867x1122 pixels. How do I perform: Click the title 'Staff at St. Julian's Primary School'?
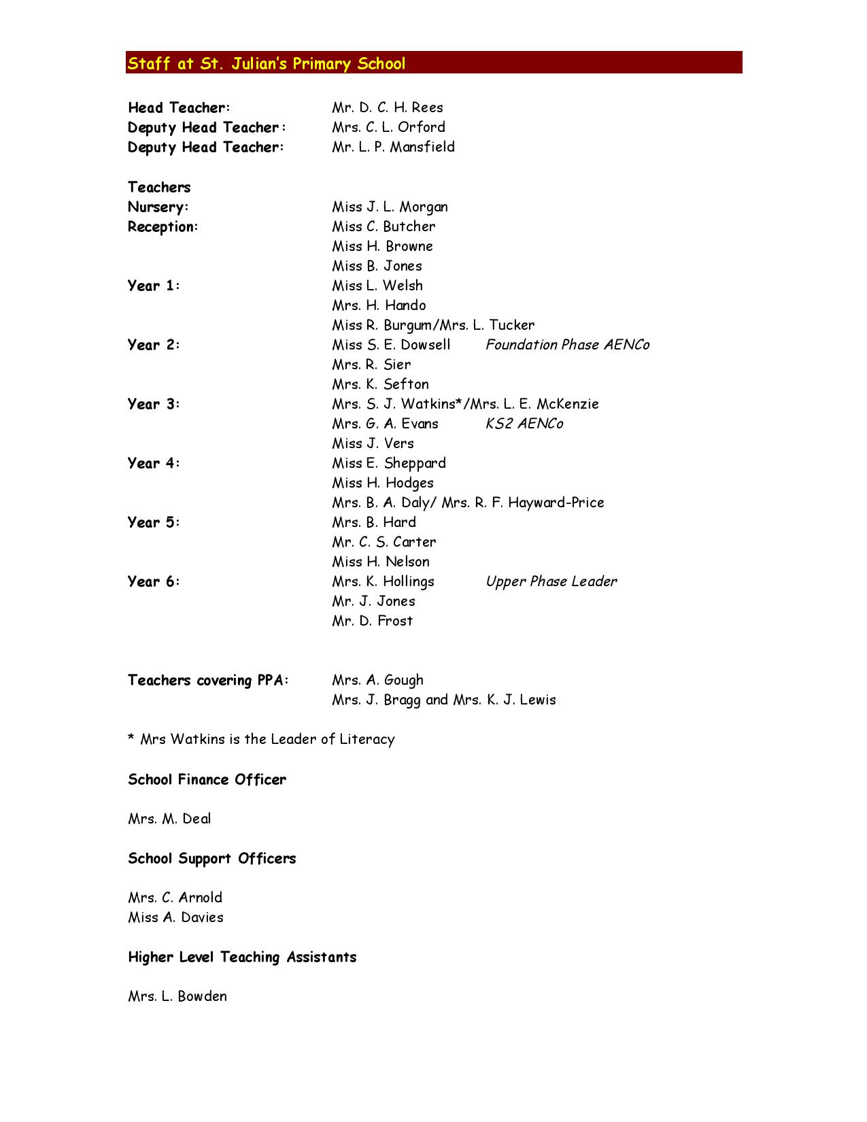267,64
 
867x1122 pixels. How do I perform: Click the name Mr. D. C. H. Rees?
388,107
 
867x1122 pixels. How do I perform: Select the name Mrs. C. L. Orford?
388,127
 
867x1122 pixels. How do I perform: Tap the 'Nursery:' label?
158,207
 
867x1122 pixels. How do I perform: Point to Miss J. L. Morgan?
390,207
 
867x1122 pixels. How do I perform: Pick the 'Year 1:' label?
154,286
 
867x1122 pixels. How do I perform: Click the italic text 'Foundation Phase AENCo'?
567,345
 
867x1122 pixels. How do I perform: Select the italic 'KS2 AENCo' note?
524,424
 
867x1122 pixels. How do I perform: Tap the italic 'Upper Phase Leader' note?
551,581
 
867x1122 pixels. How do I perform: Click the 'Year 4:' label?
154,463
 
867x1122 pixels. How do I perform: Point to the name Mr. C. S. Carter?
384,542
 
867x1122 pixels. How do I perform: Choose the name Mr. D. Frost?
372,621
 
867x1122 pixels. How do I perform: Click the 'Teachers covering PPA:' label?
208,680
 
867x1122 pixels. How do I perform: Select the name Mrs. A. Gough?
377,680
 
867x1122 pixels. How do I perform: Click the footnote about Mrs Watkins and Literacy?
261,739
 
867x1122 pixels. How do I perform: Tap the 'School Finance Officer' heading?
207,779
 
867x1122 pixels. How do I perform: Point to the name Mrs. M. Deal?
169,819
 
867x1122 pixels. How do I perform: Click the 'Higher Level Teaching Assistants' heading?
242,957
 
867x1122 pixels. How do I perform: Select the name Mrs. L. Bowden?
177,996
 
